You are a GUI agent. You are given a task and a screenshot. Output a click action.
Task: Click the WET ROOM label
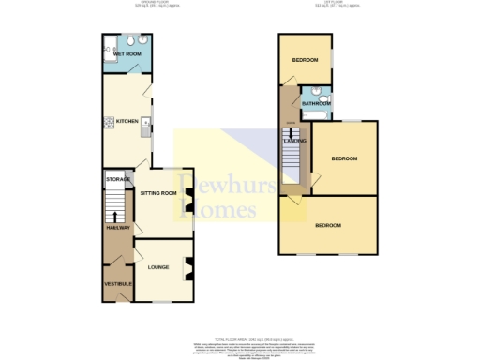tap(126, 54)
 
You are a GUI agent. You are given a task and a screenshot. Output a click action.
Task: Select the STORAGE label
tap(117, 179)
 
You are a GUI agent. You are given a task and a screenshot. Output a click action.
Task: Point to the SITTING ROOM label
tap(157, 193)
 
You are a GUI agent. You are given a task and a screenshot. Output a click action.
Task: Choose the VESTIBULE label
tap(117, 283)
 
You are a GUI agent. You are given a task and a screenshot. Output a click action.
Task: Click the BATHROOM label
tap(316, 103)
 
